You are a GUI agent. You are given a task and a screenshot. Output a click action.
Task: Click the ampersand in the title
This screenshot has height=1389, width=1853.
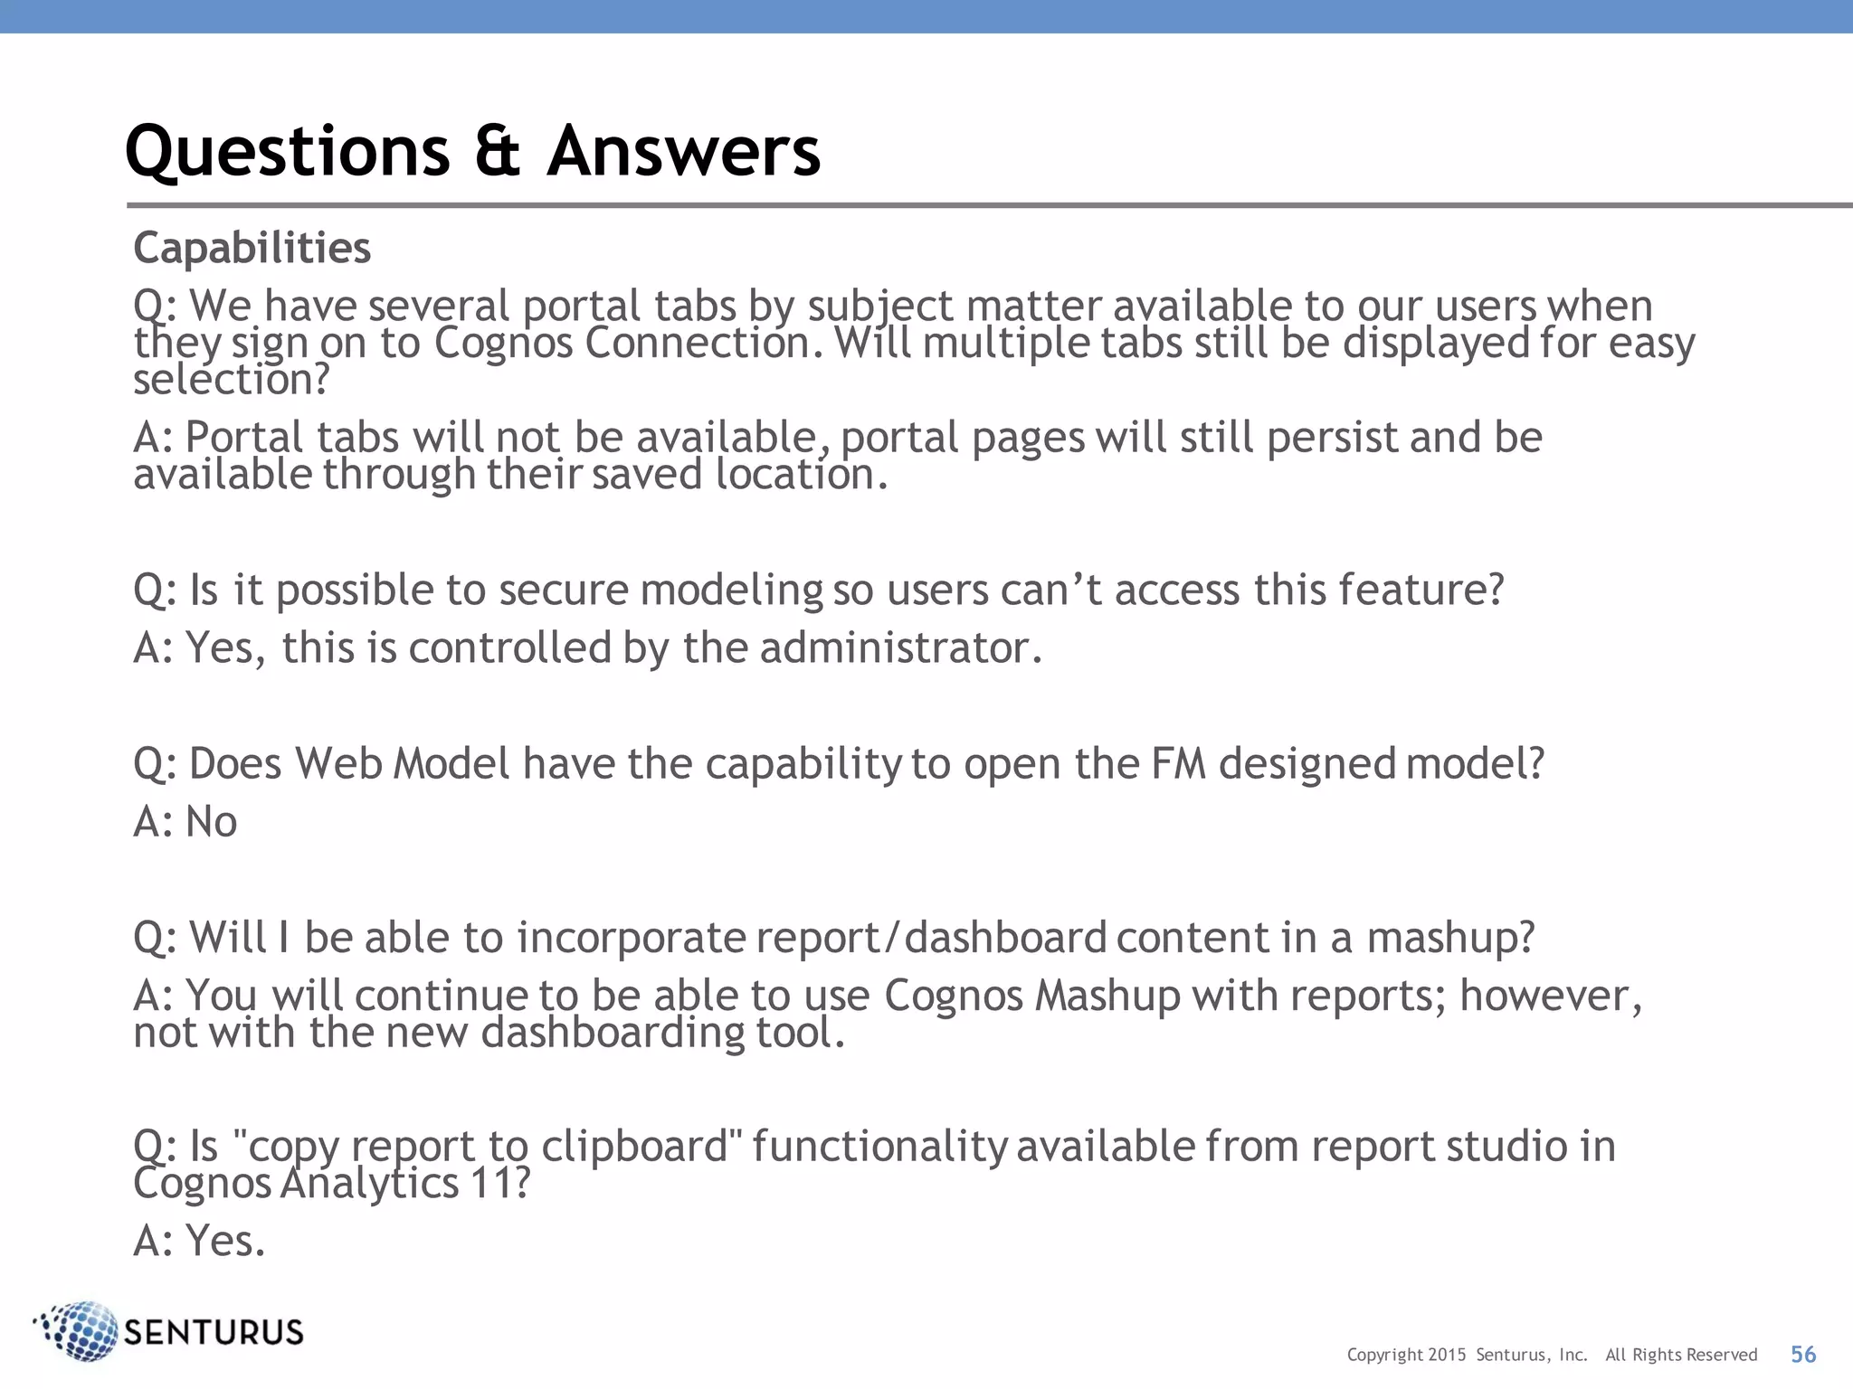coord(498,151)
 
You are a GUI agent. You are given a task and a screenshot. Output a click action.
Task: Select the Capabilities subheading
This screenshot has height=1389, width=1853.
coord(252,248)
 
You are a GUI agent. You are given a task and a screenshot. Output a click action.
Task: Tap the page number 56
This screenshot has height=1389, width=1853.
coord(1803,1354)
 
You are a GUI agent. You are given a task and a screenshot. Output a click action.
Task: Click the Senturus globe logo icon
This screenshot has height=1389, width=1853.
coord(80,1330)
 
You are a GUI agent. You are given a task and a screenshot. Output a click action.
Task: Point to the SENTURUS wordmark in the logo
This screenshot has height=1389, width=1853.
coord(214,1332)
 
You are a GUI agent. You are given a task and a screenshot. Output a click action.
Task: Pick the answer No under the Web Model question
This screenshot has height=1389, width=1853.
coord(211,822)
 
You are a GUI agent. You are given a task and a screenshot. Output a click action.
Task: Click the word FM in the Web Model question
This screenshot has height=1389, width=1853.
coord(1179,763)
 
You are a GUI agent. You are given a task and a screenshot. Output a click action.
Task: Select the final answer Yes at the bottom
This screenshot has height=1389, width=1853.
coord(225,1241)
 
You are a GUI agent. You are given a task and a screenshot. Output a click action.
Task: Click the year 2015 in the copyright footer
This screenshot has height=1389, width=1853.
coord(1448,1355)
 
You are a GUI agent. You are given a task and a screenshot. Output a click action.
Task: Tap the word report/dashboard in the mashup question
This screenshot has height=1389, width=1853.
coord(931,938)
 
